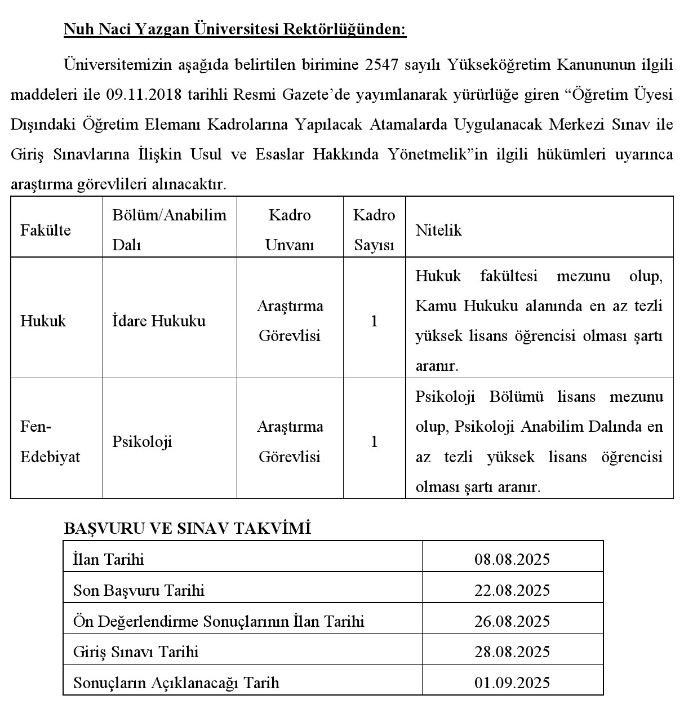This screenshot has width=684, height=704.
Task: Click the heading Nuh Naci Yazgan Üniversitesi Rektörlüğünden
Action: (234, 29)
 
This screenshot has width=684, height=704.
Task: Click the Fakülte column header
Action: (46, 230)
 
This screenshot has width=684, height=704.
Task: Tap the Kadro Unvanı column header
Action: (290, 230)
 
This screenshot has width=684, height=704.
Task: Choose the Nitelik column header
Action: (438, 230)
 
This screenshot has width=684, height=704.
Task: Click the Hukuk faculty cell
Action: (43, 321)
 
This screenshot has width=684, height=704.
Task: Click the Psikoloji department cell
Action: (142, 442)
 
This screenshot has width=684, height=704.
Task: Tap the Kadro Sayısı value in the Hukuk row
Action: (374, 321)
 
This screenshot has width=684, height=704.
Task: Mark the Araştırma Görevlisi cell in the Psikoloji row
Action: (290, 441)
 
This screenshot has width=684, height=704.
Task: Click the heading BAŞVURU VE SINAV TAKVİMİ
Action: (187, 528)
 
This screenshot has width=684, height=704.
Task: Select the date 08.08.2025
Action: (512, 559)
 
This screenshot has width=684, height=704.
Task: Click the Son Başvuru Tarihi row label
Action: (139, 590)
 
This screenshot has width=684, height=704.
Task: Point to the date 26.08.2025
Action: (512, 621)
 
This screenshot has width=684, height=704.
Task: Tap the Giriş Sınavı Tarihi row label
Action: (136, 652)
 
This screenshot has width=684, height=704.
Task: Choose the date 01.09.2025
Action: (512, 683)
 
